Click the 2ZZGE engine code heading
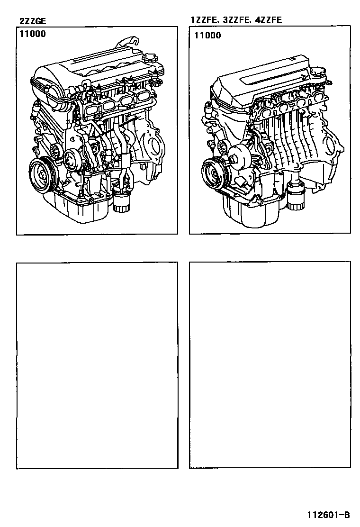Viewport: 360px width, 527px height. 33,21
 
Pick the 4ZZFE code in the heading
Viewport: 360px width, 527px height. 268,20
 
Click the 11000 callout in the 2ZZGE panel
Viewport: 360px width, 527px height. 32,34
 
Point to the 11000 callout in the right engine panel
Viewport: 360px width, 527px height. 208,35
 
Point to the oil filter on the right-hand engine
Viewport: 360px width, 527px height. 296,197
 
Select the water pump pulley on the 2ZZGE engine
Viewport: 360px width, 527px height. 72,160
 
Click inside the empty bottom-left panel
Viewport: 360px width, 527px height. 97,365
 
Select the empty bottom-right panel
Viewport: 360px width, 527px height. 270,364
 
